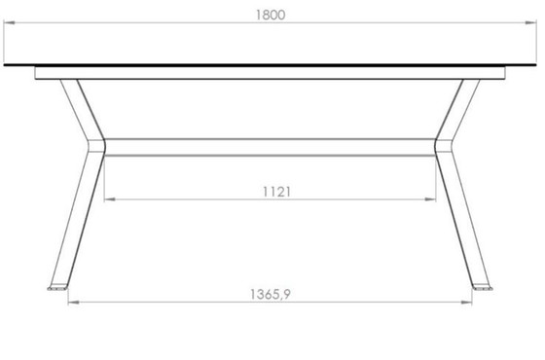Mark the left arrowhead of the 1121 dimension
click(x=108, y=200)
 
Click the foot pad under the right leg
click(x=482, y=288)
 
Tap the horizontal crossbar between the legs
click(x=271, y=148)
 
